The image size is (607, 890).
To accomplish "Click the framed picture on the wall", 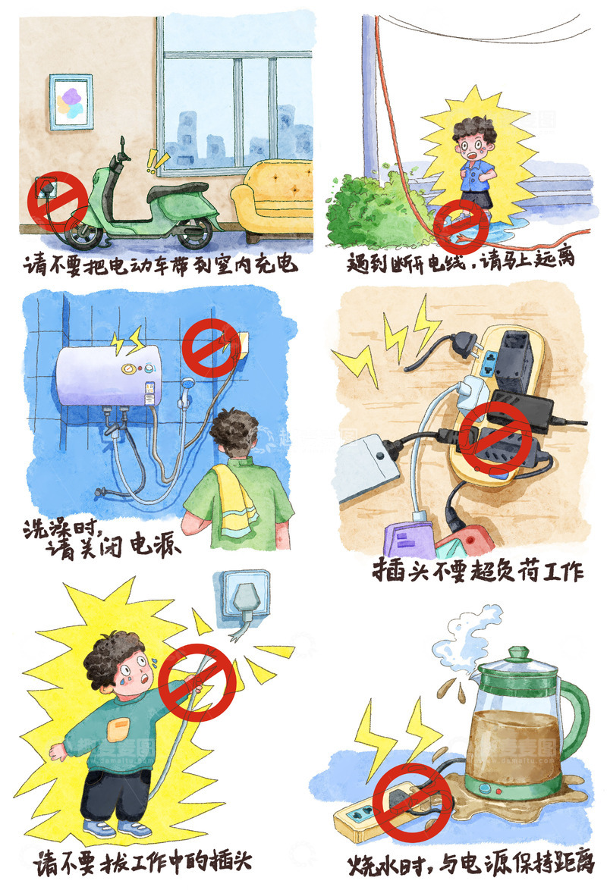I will (x=71, y=102).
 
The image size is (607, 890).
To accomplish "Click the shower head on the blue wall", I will (x=184, y=397).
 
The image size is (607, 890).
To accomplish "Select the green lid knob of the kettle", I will (x=519, y=653).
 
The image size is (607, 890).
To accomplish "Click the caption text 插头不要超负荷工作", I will (x=478, y=570).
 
